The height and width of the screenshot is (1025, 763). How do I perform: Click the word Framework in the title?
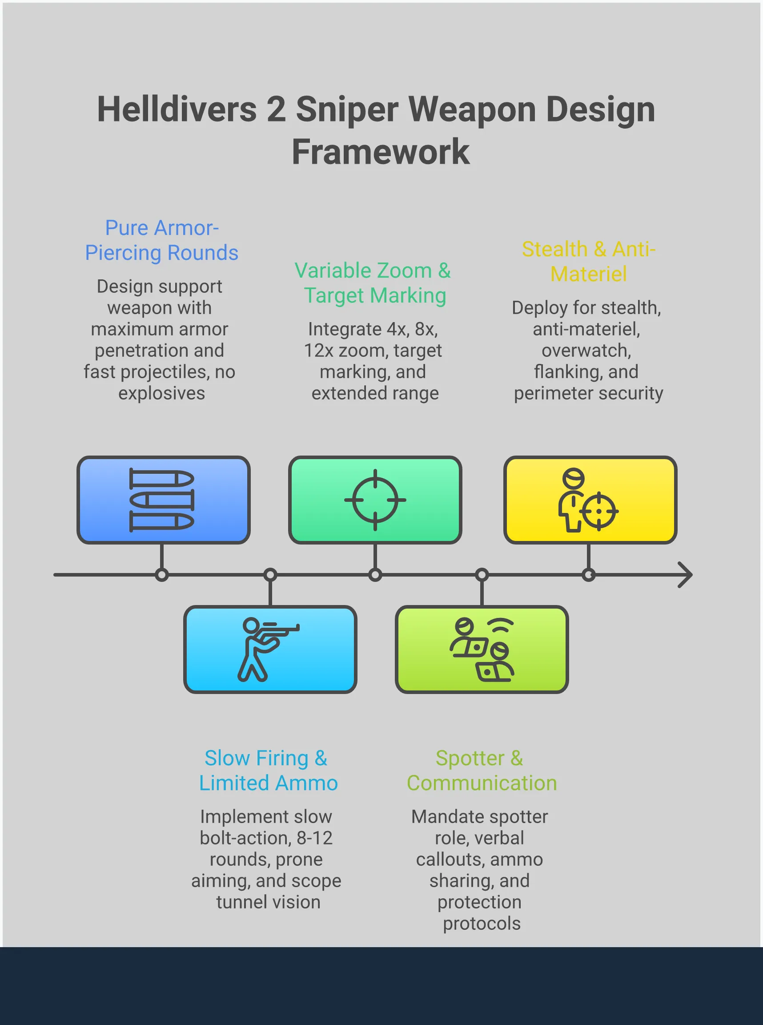[x=381, y=152]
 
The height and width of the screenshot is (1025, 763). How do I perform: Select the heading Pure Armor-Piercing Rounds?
[x=161, y=240]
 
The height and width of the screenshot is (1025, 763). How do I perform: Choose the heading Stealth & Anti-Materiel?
[x=588, y=262]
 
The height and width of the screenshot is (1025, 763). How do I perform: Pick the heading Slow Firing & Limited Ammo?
[x=268, y=771]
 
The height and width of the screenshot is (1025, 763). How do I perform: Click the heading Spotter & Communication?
[x=481, y=771]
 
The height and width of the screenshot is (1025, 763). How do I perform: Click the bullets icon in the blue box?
[x=162, y=500]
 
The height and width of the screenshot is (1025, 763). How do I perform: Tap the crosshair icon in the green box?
[x=375, y=500]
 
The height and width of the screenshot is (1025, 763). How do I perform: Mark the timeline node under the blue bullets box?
[x=162, y=575]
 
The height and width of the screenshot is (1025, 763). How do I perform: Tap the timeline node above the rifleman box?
[x=270, y=575]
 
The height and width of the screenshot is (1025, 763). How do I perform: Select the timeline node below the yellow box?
[x=588, y=575]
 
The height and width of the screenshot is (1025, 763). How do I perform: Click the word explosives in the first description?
[x=161, y=393]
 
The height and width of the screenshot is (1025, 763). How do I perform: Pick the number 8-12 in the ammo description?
[x=314, y=838]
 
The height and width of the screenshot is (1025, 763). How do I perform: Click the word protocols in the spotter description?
[x=481, y=923]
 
